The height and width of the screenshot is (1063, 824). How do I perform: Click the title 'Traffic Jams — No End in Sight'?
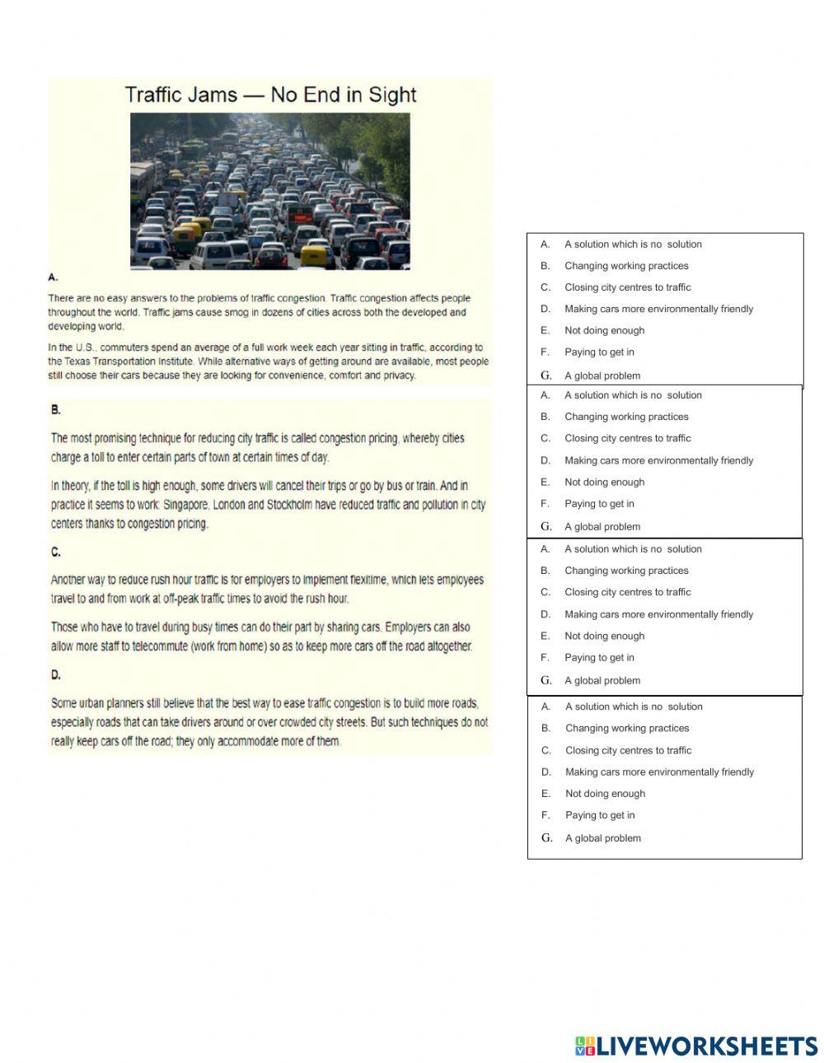click(270, 95)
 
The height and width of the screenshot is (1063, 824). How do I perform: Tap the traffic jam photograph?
click(269, 191)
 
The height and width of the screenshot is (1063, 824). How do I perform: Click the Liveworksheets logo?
click(696, 1047)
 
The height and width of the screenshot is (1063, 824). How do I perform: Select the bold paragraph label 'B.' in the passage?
click(56, 409)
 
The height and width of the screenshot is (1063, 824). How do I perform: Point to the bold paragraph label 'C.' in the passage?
click(56, 552)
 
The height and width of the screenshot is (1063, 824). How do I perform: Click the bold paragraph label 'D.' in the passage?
click(56, 675)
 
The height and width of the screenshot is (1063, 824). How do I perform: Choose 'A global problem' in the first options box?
click(602, 375)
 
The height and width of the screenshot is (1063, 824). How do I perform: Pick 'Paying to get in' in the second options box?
click(599, 504)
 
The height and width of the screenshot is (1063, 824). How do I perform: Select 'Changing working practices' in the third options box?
click(626, 571)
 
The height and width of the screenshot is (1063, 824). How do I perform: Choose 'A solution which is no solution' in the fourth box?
click(634, 706)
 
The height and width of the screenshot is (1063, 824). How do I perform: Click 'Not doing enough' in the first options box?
click(604, 330)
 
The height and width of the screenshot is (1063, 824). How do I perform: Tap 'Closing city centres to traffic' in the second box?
click(627, 438)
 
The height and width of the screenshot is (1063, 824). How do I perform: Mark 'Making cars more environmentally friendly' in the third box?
click(658, 614)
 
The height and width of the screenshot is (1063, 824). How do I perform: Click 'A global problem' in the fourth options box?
click(602, 838)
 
